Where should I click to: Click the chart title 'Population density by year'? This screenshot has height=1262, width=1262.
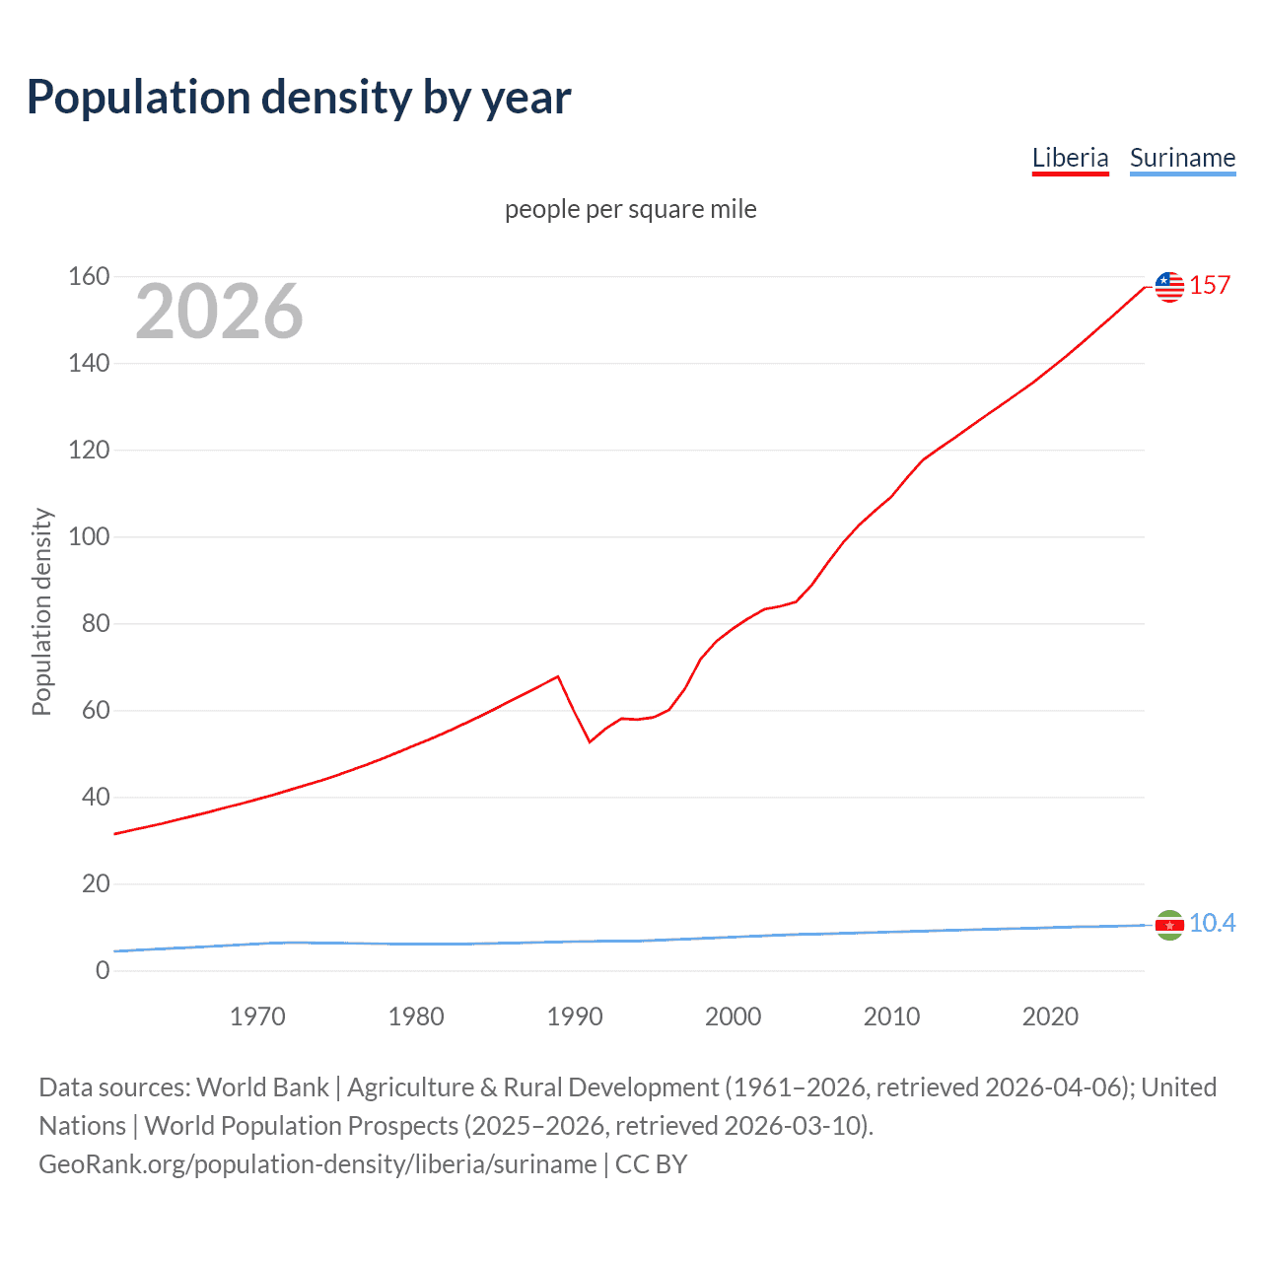pyautogui.click(x=299, y=98)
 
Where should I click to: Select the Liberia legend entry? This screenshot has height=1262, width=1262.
pyautogui.click(x=1070, y=158)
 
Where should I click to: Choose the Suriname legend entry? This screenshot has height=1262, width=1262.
pyautogui.click(x=1182, y=158)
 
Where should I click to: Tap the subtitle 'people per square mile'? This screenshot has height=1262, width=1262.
pyautogui.click(x=630, y=209)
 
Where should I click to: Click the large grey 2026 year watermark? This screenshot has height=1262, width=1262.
pyautogui.click(x=219, y=312)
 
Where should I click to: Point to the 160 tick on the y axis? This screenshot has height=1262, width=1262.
pyautogui.click(x=89, y=276)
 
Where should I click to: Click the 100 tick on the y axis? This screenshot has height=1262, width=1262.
pyautogui.click(x=89, y=536)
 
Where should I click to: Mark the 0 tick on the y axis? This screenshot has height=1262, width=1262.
pyautogui.click(x=103, y=970)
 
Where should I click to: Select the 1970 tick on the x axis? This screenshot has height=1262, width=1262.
pyautogui.click(x=257, y=1017)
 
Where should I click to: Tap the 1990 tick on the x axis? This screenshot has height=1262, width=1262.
pyautogui.click(x=575, y=1017)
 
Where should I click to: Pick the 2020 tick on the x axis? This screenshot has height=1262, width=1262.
pyautogui.click(x=1050, y=1017)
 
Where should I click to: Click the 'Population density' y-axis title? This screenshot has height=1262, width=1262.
pyautogui.click(x=41, y=611)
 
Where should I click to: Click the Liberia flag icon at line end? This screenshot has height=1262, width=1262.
pyautogui.click(x=1169, y=286)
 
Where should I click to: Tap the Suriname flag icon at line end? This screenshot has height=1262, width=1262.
pyautogui.click(x=1169, y=925)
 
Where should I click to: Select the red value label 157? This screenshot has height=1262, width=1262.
pyautogui.click(x=1210, y=286)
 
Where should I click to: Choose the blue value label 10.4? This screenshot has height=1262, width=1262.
pyautogui.click(x=1212, y=923)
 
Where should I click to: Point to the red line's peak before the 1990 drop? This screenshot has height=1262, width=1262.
pyautogui.click(x=558, y=676)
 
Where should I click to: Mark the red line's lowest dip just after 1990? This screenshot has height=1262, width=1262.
pyautogui.click(x=590, y=741)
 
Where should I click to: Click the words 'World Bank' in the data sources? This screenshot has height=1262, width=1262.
pyautogui.click(x=262, y=1087)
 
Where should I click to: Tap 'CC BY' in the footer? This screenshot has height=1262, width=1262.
pyautogui.click(x=651, y=1164)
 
